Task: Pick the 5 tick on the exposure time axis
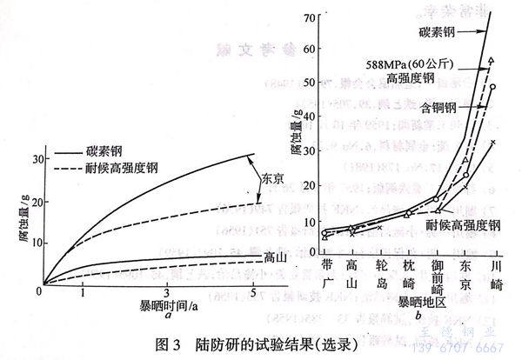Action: pos(252,296)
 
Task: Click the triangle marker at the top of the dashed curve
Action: pos(492,60)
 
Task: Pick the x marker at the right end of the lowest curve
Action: pos(492,142)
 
